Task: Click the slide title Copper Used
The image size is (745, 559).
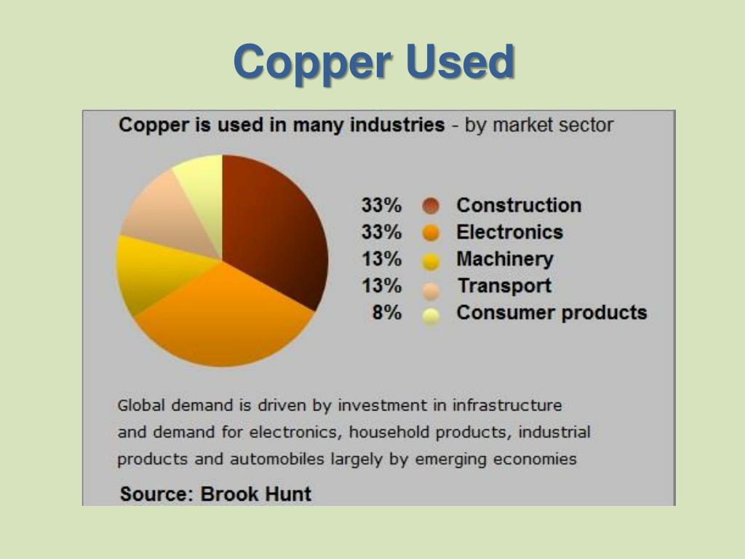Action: point(374,62)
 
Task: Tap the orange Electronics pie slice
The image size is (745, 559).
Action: point(226,320)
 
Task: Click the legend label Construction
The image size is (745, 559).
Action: point(519,205)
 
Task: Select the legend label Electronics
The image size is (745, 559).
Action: point(509,232)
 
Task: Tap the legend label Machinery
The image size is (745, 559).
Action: point(505,259)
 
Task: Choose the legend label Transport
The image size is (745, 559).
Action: point(503,286)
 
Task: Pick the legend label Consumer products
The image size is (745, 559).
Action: point(551,313)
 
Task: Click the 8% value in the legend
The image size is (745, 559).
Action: point(386,313)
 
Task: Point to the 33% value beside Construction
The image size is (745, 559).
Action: point(381,205)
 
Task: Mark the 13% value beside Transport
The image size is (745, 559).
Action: point(381,286)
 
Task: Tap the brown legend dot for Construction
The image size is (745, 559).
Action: point(431,207)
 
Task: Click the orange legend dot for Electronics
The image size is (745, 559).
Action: point(431,234)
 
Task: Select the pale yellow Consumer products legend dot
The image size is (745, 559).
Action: point(431,315)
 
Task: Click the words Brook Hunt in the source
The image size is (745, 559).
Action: point(255,494)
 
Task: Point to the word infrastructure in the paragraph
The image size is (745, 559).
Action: point(507,405)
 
